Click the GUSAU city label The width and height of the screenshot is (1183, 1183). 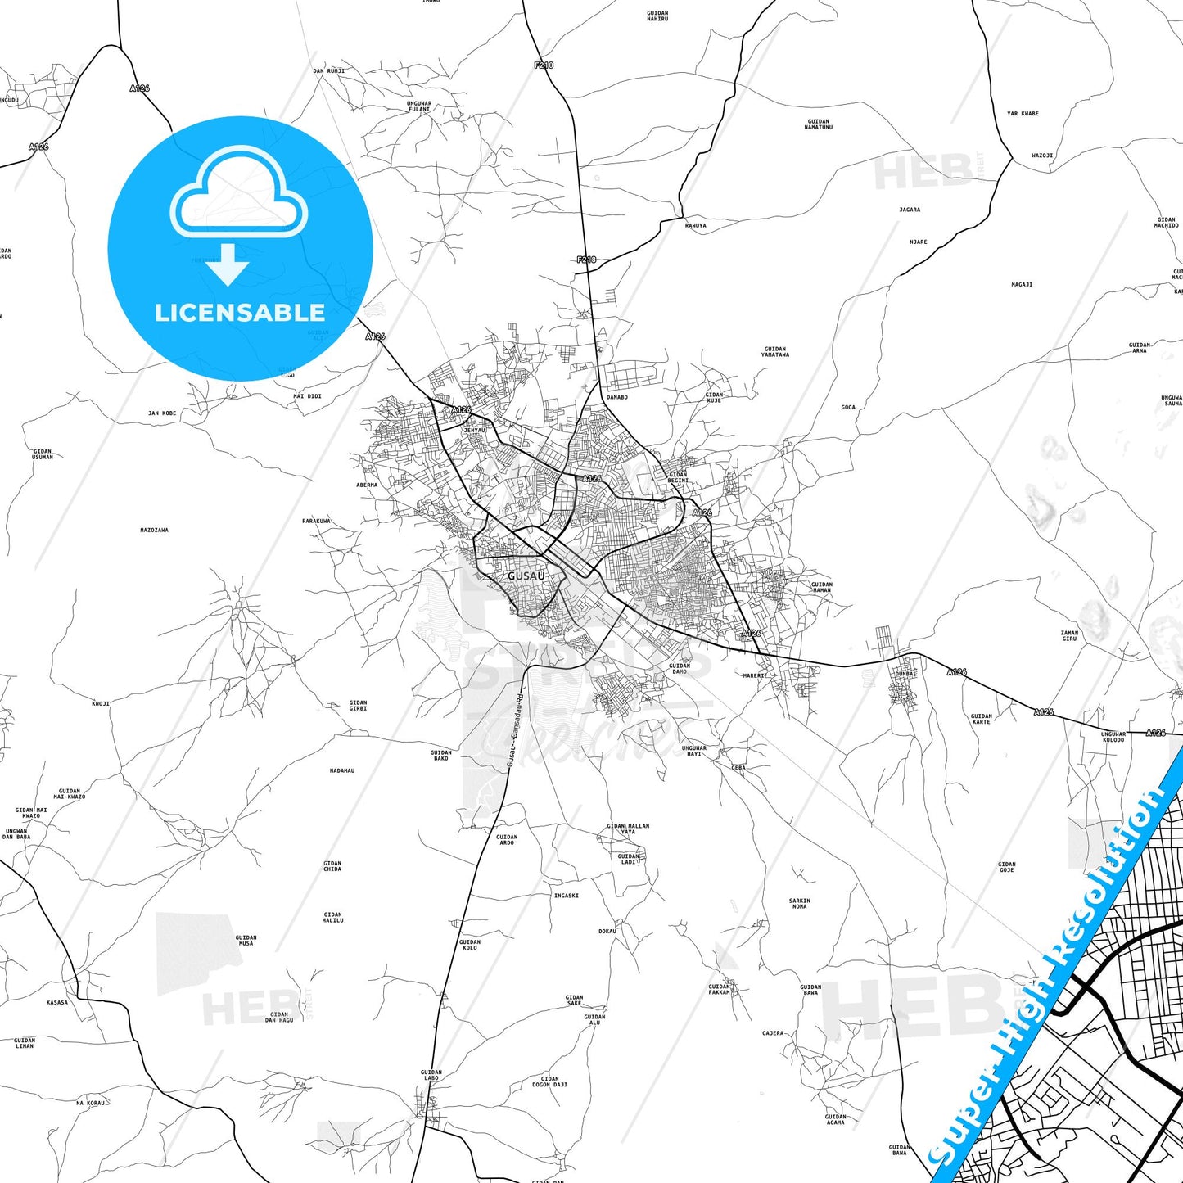click(526, 576)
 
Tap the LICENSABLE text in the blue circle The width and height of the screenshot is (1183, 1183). click(240, 313)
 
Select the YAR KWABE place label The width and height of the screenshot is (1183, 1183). click(1023, 114)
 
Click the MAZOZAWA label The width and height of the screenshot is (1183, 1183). click(154, 531)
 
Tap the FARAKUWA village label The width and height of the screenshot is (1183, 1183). click(316, 521)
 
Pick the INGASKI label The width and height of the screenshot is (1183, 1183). click(566, 896)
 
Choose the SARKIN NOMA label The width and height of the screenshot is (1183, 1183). click(799, 904)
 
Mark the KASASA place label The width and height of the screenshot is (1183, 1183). click(57, 1002)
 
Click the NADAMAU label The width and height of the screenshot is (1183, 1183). click(342, 770)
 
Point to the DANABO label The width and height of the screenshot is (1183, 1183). click(616, 397)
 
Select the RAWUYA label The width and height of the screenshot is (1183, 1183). click(695, 226)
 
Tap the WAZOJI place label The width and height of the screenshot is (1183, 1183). click(1042, 156)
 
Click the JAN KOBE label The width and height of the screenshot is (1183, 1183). click(162, 413)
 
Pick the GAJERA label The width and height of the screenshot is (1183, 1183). click(773, 1033)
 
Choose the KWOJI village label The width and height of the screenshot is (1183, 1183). click(101, 703)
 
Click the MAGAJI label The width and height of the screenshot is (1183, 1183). click(1022, 285)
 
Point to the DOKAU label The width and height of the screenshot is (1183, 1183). click(607, 932)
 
